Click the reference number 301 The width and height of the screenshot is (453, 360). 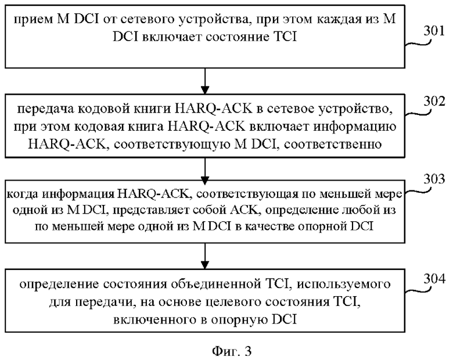click(x=434, y=31)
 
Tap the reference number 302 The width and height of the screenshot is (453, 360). click(x=434, y=102)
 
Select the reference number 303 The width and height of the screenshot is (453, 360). click(x=434, y=179)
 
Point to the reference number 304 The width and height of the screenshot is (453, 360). click(x=434, y=279)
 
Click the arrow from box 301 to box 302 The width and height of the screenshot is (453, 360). click(x=205, y=81)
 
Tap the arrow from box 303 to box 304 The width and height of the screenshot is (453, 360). click(x=205, y=256)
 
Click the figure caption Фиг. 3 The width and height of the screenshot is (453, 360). click(x=232, y=351)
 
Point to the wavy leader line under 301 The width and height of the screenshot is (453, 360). click(x=418, y=44)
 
